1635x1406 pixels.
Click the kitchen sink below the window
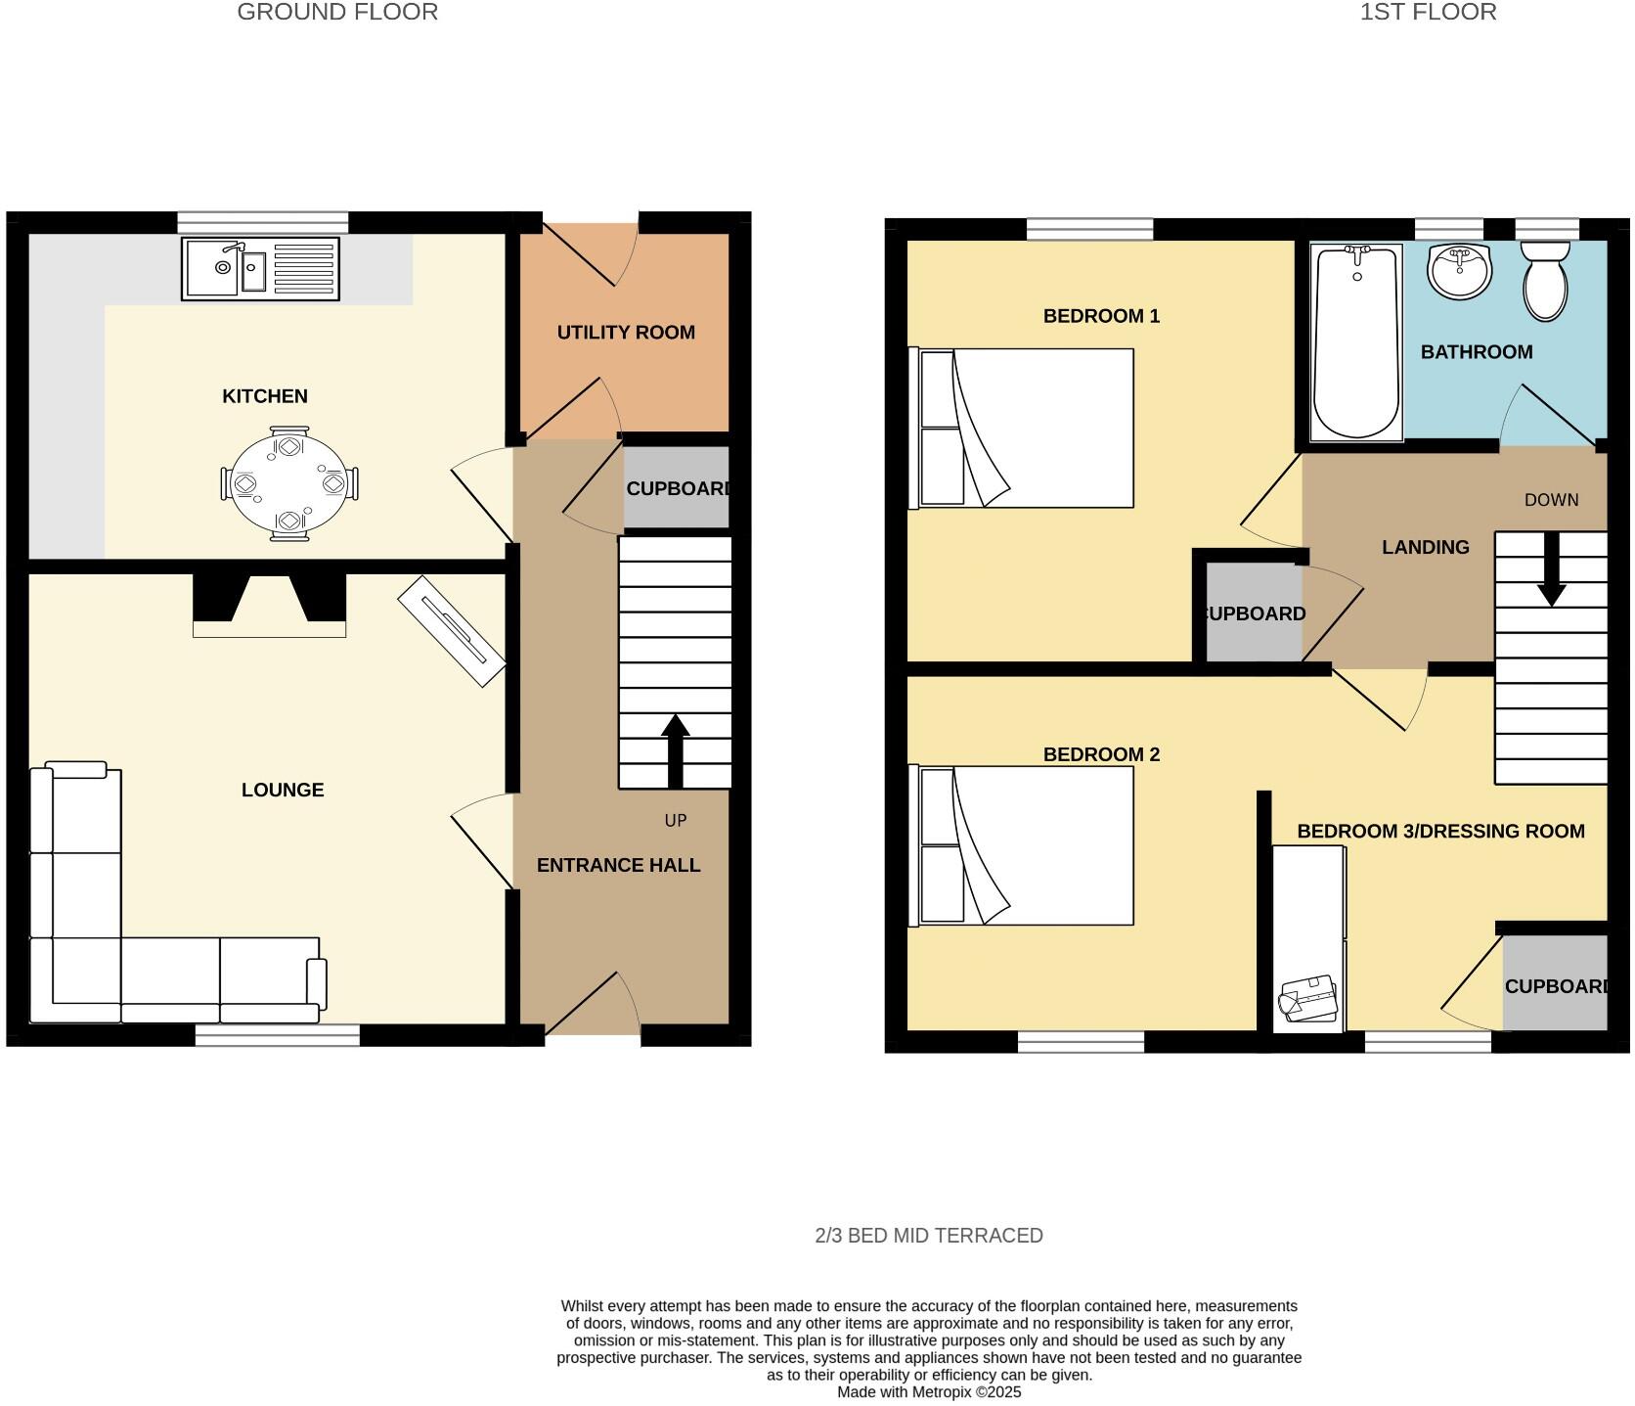pos(260,268)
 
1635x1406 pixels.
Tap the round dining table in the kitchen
pos(289,483)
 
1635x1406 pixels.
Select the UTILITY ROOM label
pos(626,333)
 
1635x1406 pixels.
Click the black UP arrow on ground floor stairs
pos(675,749)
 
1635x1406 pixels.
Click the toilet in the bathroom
pos(1545,281)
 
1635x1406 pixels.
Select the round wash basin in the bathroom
pos(1459,271)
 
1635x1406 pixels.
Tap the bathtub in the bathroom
pos(1356,342)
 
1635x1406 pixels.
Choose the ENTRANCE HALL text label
pos(618,865)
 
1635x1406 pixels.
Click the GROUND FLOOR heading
pos(337,12)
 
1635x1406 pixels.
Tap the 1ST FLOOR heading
pos(1428,12)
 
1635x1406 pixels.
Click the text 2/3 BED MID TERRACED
pos(928,1236)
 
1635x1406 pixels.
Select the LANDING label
pos(1425,547)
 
